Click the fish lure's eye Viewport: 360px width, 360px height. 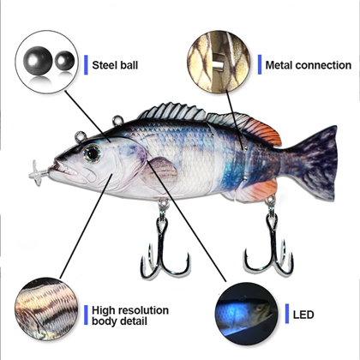[x=93, y=153]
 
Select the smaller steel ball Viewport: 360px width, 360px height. [x=64, y=61]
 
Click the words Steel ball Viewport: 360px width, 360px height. [x=115, y=65]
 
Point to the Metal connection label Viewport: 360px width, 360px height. [x=309, y=65]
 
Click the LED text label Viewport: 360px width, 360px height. [x=303, y=315]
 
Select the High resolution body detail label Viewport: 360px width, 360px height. [x=130, y=315]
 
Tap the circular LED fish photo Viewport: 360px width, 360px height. [x=247, y=314]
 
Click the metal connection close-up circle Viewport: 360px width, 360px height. [x=219, y=62]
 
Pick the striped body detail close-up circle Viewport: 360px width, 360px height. [x=46, y=309]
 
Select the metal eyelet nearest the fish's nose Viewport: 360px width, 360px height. [x=81, y=136]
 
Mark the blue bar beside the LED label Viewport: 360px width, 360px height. [x=287, y=314]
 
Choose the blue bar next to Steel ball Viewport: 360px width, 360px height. [x=86, y=65]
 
